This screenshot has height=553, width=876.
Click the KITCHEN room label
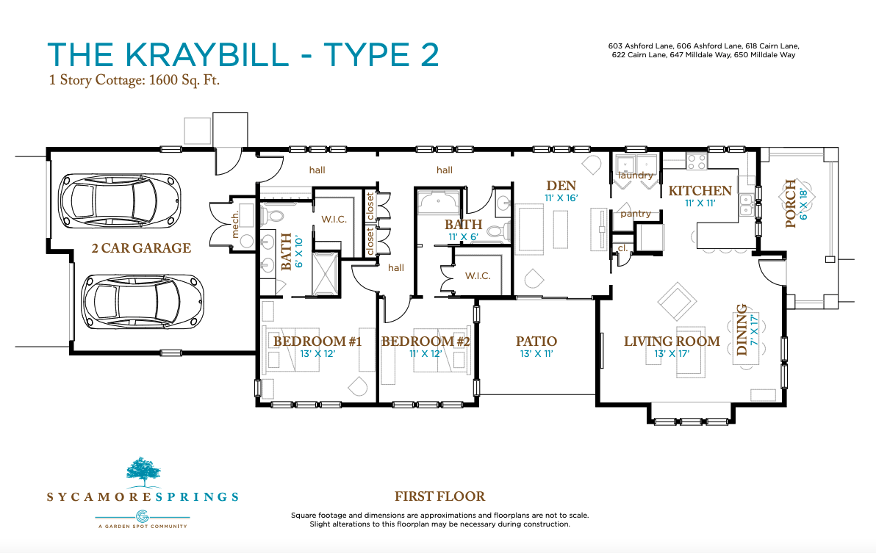point(700,191)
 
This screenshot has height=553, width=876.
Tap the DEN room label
point(561,186)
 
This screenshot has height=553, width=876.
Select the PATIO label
point(536,341)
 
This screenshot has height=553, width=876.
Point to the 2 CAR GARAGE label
point(141,247)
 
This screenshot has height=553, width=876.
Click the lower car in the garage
point(142,302)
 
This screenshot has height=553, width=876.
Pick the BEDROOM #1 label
point(317,341)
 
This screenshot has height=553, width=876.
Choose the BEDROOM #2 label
point(426,341)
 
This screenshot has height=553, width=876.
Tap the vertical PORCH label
point(791,203)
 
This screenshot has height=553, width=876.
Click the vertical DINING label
point(742,330)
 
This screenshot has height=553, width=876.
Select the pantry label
point(636,214)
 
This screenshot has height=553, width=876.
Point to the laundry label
point(636,176)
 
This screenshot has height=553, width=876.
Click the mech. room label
point(235,225)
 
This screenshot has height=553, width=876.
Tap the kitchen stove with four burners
point(697,162)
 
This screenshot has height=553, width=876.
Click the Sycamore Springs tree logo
point(143,470)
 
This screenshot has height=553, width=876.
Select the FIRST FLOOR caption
point(439,496)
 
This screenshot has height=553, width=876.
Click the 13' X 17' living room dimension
point(672,354)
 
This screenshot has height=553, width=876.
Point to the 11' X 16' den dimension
point(561,198)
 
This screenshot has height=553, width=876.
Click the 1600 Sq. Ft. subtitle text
point(184,80)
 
